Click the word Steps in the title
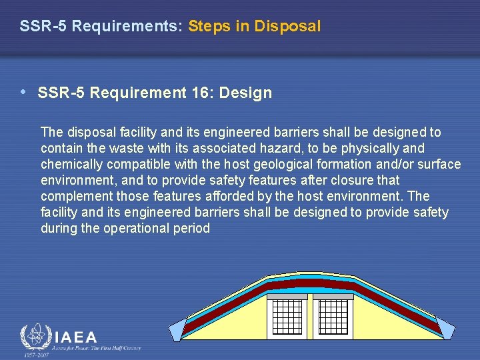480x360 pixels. [x=209, y=27]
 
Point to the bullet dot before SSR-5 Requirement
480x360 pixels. [x=24, y=92]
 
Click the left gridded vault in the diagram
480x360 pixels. [x=287, y=318]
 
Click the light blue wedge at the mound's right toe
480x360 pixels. [x=444, y=328]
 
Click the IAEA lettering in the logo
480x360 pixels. [x=75, y=337]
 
